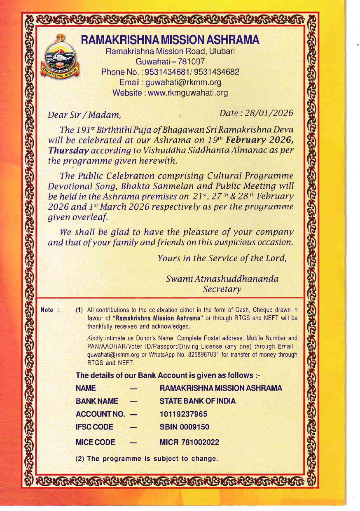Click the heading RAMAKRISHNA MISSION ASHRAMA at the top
[x=170, y=40]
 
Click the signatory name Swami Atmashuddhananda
[x=222, y=279]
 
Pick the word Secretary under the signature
[x=222, y=289]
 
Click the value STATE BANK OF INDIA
[x=197, y=401]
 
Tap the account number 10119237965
[x=183, y=414]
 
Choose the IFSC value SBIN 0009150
[x=184, y=427]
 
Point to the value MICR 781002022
[x=189, y=443]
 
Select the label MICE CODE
[x=96, y=443]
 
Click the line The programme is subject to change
[x=147, y=459]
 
